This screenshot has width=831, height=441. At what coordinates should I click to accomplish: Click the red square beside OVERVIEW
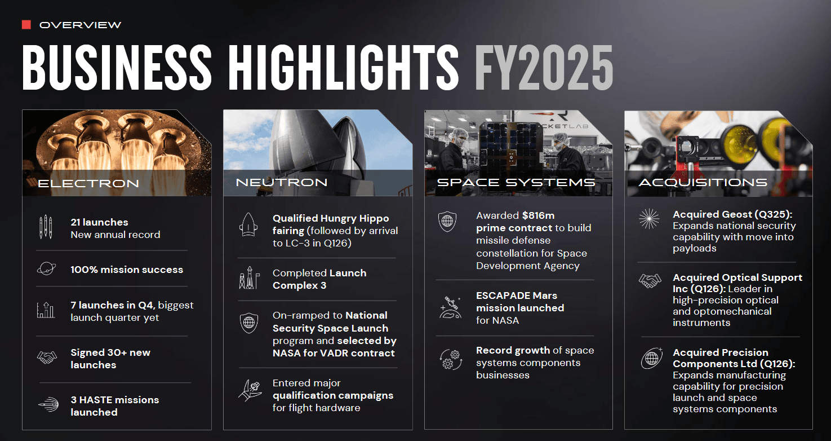(26, 25)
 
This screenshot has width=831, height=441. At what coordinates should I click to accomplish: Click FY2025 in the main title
(544, 68)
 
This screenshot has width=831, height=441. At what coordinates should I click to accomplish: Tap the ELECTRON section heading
(88, 183)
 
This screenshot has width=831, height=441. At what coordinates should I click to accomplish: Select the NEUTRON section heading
(282, 182)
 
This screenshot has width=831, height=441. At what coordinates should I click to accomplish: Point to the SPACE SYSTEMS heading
(516, 182)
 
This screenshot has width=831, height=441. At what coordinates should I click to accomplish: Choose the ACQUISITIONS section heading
(703, 182)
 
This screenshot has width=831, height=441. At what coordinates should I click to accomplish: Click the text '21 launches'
(99, 222)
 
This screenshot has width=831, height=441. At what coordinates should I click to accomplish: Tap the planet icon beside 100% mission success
(46, 268)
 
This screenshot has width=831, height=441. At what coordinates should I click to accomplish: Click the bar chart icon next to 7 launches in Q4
(46, 310)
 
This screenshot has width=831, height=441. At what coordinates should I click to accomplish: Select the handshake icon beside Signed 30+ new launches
(47, 358)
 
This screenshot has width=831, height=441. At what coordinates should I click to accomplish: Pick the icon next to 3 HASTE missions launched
(48, 404)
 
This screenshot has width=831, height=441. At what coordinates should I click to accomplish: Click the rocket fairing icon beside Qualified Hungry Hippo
(248, 224)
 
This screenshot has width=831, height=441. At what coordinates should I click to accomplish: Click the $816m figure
(538, 215)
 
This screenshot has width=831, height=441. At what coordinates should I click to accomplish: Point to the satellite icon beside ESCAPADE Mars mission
(450, 308)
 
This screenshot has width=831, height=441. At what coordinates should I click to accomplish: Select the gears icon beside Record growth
(451, 359)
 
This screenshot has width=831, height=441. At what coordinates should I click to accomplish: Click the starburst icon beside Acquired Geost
(649, 219)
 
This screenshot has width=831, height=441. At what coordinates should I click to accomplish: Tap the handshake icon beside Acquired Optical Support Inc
(650, 281)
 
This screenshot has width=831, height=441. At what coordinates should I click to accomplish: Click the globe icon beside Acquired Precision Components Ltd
(652, 358)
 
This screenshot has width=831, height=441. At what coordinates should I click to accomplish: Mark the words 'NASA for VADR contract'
(334, 353)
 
